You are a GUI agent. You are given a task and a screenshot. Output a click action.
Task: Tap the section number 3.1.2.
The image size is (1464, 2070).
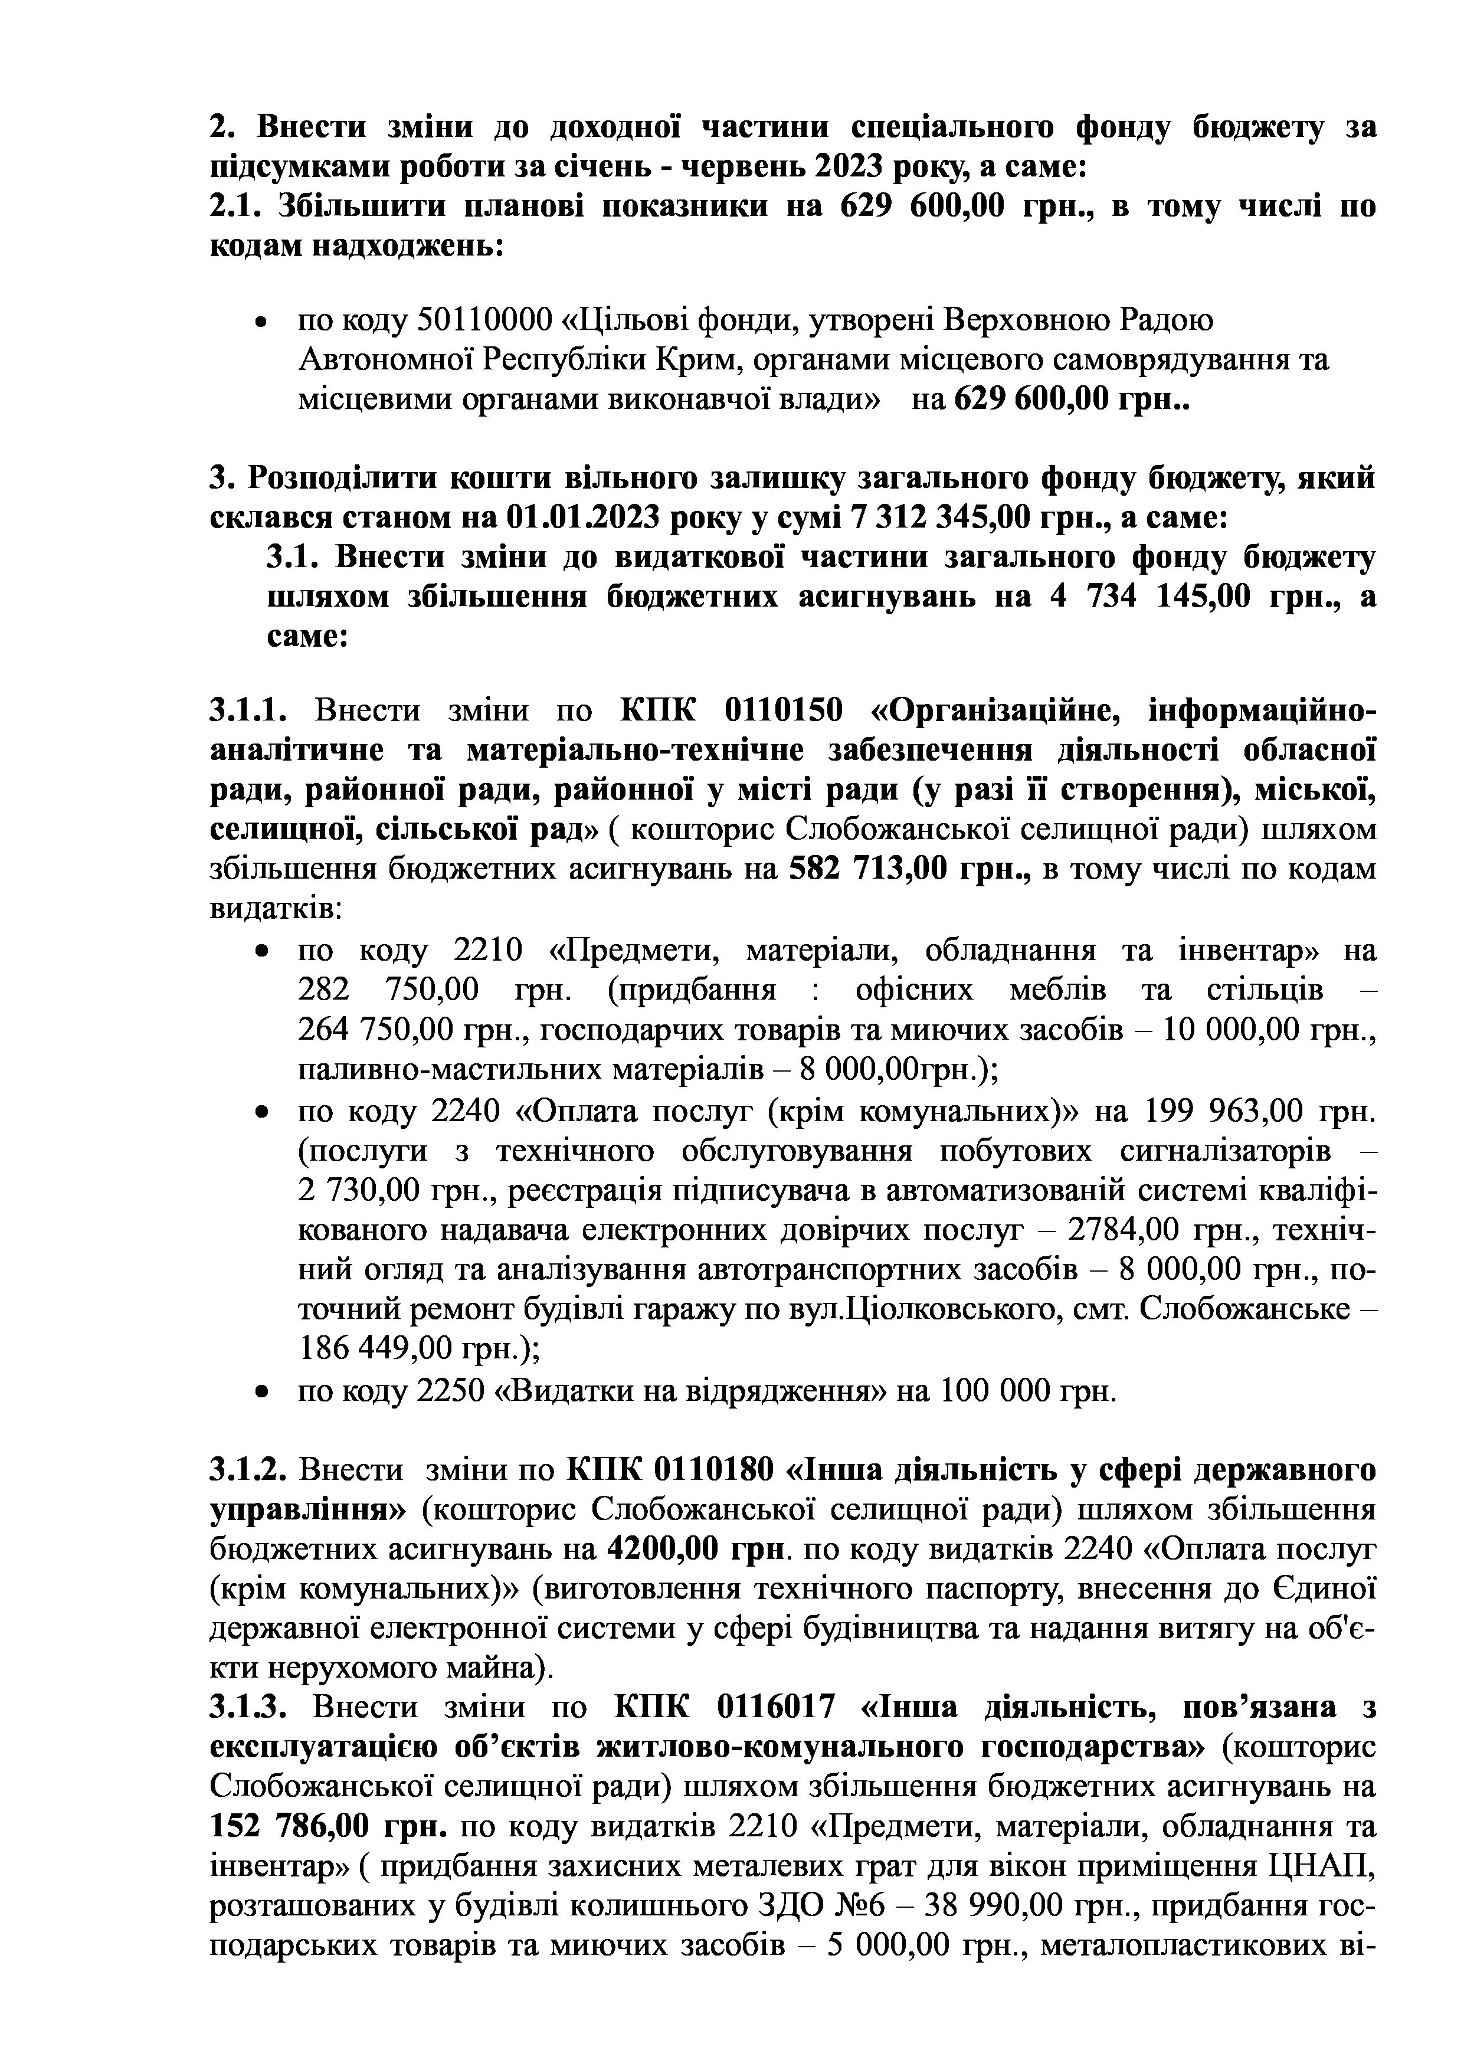pyautogui.click(x=248, y=1470)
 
